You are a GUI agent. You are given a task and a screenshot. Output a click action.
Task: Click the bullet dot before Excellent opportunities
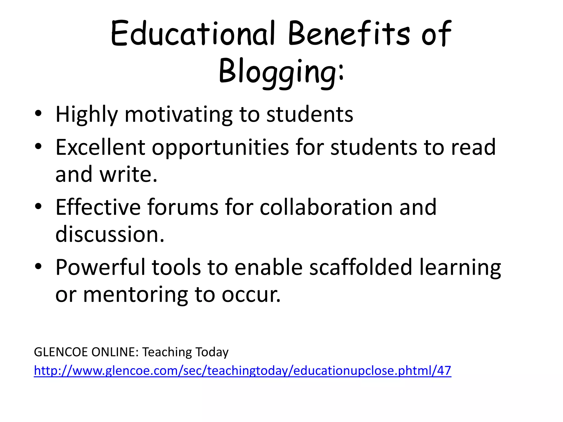(x=38, y=146)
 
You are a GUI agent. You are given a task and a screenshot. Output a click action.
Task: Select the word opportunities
(x=220, y=148)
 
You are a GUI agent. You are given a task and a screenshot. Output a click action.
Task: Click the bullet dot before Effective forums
(x=38, y=206)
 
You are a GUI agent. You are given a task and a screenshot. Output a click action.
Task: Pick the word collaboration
(x=326, y=207)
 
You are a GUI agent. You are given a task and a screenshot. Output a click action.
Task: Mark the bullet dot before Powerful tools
(x=38, y=266)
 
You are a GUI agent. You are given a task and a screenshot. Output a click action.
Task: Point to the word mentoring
(x=135, y=295)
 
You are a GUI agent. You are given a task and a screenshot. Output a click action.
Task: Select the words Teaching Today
(x=185, y=352)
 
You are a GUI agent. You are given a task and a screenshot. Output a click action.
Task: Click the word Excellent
(x=100, y=147)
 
